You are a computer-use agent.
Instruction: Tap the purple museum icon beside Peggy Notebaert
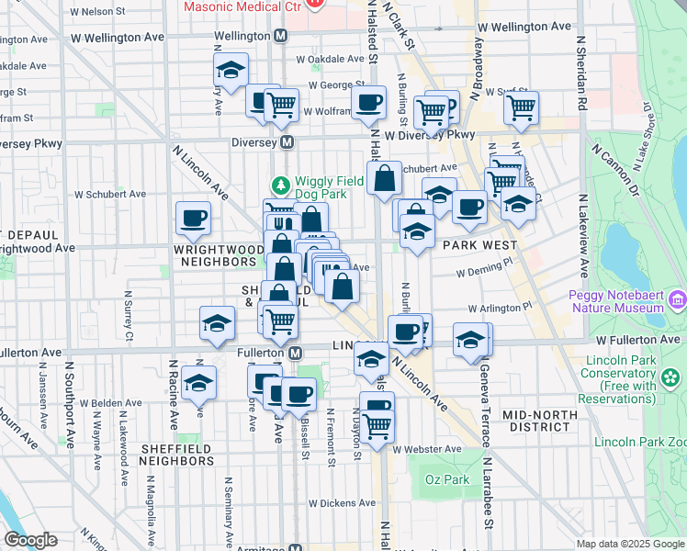678,298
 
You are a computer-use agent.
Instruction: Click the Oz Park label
442,479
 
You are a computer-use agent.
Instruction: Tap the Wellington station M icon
281,36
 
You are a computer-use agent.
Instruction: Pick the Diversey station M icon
287,142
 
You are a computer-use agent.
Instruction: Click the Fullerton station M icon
295,353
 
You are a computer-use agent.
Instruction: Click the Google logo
30,540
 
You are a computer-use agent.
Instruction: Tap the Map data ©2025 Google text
629,544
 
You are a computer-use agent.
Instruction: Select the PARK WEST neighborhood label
475,247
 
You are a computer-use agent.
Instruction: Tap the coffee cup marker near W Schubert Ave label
193,218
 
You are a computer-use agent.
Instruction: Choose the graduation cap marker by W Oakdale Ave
231,69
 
